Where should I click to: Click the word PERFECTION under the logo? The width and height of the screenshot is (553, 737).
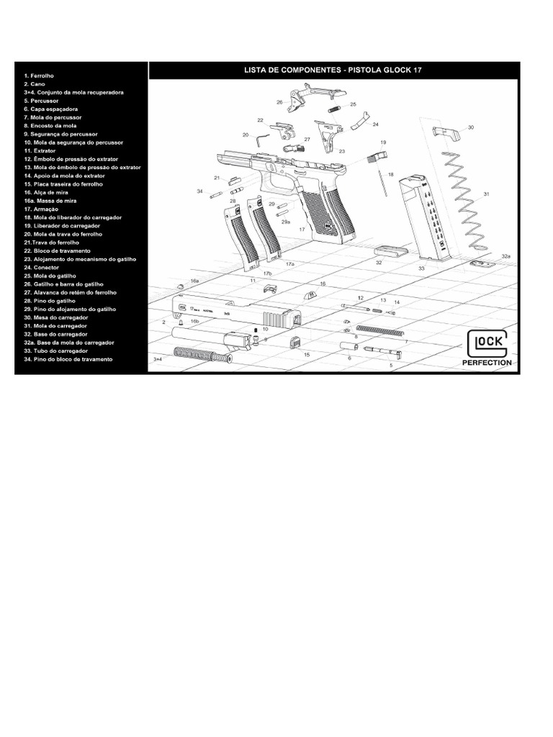pos(487,363)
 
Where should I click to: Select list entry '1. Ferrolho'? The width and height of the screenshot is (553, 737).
pos(39,75)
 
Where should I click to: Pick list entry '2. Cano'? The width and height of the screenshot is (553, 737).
pos(35,83)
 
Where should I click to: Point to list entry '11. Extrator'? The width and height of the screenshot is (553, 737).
pos(40,150)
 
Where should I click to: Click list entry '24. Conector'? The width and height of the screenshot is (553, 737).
pos(41,267)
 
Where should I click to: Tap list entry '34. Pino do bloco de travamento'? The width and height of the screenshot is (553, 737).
pos(68,359)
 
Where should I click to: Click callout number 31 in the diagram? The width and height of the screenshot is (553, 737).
pos(487,194)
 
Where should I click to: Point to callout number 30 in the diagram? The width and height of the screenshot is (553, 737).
pos(471,127)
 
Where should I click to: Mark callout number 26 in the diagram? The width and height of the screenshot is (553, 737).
pos(279,102)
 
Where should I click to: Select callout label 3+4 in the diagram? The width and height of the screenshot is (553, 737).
pos(158,358)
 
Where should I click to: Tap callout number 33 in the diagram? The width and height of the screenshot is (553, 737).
pos(421,268)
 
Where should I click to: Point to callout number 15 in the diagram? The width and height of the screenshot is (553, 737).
pos(306,355)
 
